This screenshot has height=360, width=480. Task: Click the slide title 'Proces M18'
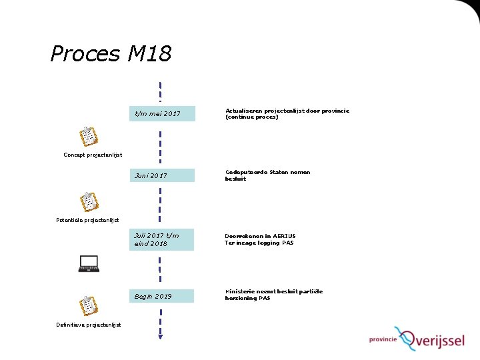(111, 53)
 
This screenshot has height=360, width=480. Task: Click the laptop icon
(88, 264)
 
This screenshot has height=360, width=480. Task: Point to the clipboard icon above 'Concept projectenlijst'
(88, 136)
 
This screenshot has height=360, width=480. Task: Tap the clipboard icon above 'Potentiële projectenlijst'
(88, 201)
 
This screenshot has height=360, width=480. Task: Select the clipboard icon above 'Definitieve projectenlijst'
(88, 305)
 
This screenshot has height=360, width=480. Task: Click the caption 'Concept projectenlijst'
(93, 155)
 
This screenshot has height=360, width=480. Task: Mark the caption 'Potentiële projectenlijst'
(87, 220)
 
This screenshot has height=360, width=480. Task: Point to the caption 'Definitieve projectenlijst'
(89, 325)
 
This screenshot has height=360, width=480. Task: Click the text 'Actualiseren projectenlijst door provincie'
(287, 111)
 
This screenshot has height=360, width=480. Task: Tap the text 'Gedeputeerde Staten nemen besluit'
(267, 175)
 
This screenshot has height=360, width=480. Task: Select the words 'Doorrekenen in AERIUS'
(260, 236)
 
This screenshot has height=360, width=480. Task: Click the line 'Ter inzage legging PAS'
(259, 243)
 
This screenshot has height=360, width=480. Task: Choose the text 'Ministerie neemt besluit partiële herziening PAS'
(273, 295)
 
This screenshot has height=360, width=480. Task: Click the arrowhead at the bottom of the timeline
(161, 335)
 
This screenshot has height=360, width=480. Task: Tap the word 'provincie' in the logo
(383, 339)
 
